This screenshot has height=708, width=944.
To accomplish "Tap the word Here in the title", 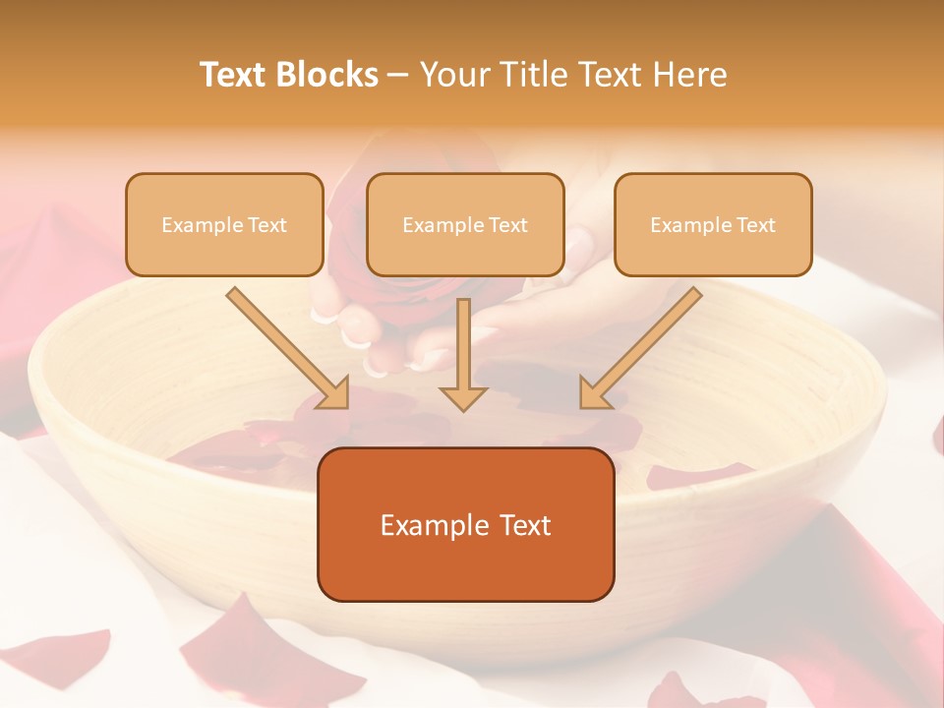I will point(688,75).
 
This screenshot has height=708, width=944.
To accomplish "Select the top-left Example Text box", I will point(224,225).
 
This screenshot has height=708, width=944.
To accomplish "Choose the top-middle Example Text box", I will point(465,225).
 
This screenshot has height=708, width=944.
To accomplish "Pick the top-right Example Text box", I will point(713,225).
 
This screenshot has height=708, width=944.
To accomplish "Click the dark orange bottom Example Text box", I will point(466,525).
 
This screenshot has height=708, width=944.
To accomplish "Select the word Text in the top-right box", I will point(755,225).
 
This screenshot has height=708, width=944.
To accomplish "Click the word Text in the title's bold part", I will point(234,75).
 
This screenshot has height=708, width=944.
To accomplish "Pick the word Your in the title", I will point(449,75).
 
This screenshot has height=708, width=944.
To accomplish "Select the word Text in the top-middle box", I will point(507,225).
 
